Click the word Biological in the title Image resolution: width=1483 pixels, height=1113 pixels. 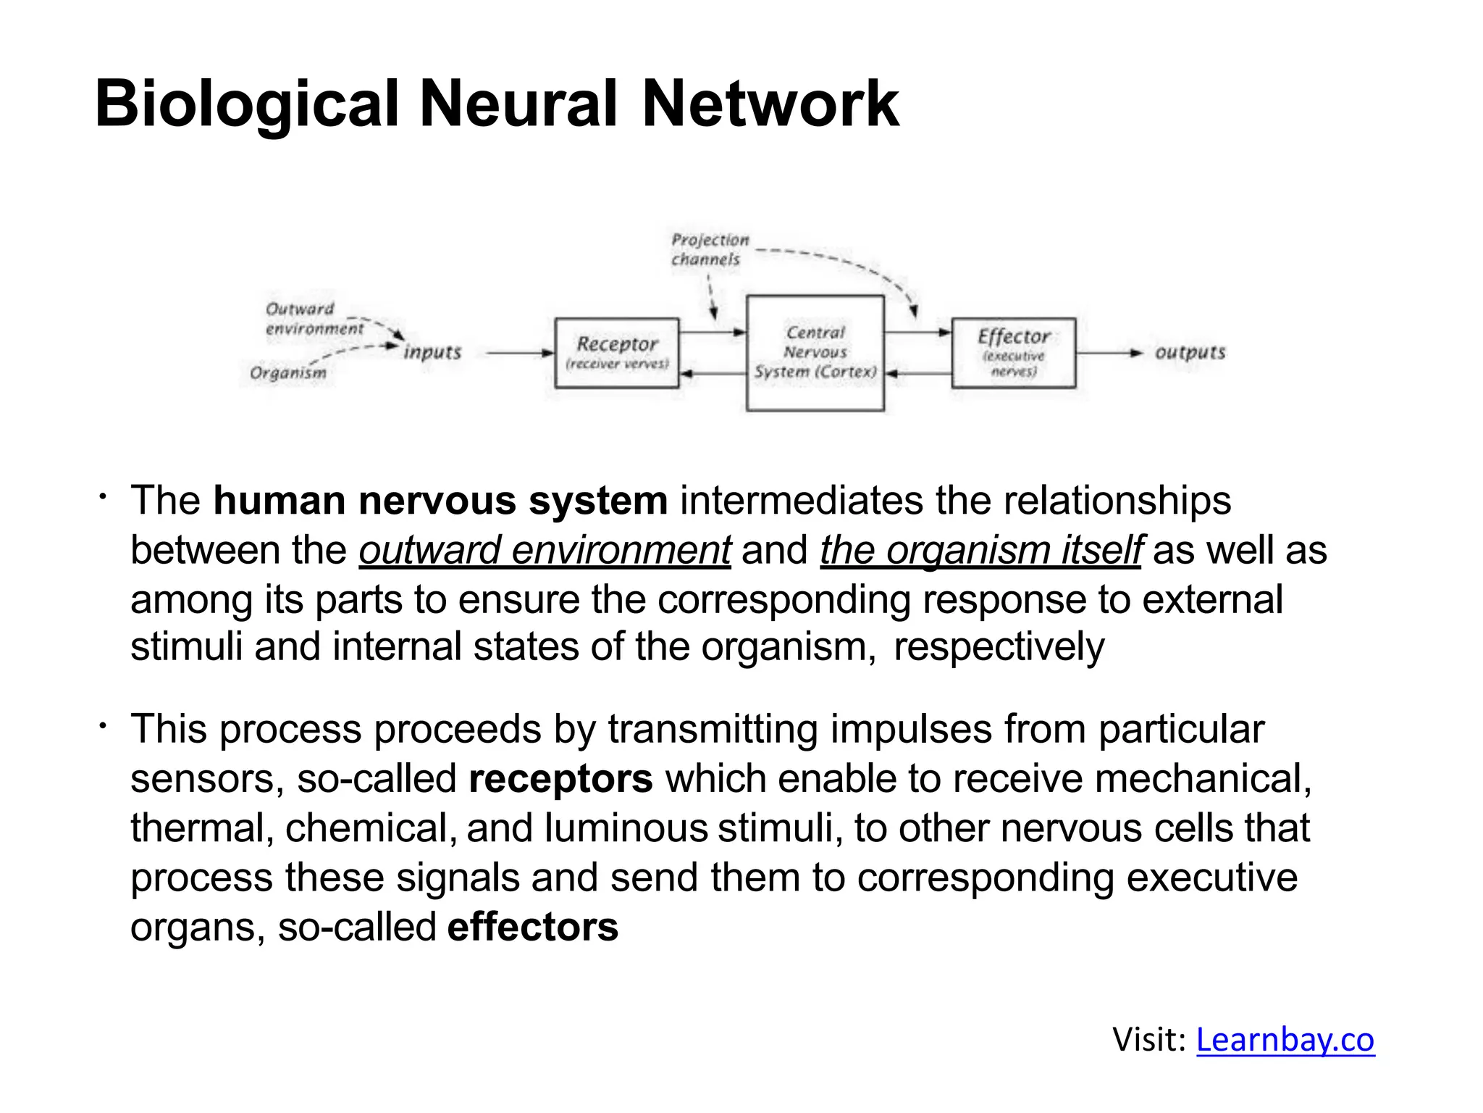[246, 105]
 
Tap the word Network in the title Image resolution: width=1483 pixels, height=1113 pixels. [770, 105]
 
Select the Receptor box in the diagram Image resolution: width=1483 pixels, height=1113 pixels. [617, 353]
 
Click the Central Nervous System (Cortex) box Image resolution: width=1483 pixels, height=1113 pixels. [815, 353]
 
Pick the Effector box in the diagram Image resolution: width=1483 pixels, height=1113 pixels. [1013, 353]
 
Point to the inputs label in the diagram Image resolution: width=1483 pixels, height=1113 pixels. [432, 352]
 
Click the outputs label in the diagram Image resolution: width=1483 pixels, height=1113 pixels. [1190, 352]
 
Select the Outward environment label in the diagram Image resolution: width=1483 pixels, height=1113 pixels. [313, 319]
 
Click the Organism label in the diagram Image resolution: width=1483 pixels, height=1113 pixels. [288, 372]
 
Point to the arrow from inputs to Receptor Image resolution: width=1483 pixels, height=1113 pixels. [519, 353]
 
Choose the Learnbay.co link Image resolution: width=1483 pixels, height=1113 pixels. [1285, 1040]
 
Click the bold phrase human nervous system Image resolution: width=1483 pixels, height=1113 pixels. [440, 501]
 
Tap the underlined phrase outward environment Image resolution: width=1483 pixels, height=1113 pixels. [545, 550]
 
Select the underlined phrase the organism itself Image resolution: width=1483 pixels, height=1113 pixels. [980, 550]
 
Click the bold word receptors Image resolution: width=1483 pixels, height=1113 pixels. [560, 779]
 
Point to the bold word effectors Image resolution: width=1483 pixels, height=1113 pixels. [532, 927]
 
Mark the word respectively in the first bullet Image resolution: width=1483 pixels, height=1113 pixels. [999, 647]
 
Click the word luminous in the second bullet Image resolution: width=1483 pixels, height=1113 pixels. [626, 828]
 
